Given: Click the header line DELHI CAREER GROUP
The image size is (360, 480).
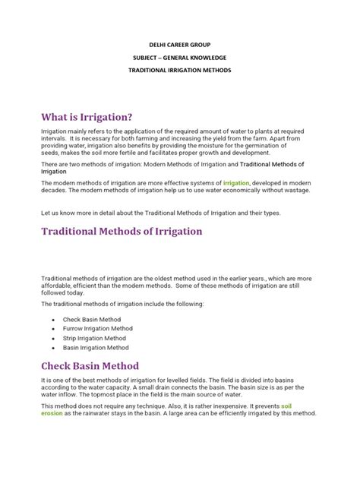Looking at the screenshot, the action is (179, 43).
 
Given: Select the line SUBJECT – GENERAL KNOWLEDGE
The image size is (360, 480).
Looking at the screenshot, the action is (179, 57).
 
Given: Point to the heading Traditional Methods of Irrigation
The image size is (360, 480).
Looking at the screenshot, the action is (122, 231).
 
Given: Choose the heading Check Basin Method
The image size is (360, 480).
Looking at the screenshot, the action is (90, 365).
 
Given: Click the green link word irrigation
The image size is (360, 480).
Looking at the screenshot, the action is (236, 183).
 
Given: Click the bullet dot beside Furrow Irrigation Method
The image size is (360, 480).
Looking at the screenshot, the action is (52, 329).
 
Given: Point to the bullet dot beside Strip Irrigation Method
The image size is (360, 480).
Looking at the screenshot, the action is (52, 338).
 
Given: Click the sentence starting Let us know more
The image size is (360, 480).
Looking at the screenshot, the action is (161, 213).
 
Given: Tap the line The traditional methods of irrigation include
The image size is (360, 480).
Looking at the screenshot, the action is (122, 304).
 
